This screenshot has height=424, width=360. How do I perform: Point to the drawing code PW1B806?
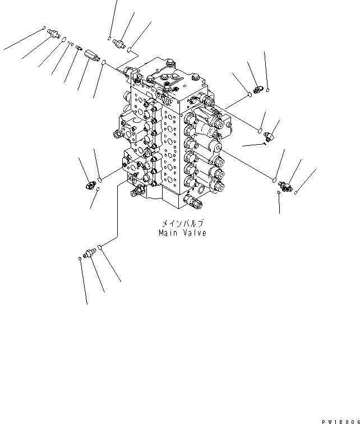[340, 420]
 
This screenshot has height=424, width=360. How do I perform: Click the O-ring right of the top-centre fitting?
[130, 50]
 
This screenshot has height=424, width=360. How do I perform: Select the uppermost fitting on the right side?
[259, 89]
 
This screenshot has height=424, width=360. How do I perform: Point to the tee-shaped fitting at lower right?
[287, 186]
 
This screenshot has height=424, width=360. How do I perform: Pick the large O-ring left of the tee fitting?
[274, 181]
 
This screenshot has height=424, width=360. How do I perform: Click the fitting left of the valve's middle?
[88, 185]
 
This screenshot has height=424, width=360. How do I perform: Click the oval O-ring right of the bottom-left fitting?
[100, 247]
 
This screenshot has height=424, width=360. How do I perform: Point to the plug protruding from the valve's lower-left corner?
[135, 193]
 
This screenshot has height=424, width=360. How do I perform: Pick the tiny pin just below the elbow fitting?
[264, 145]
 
